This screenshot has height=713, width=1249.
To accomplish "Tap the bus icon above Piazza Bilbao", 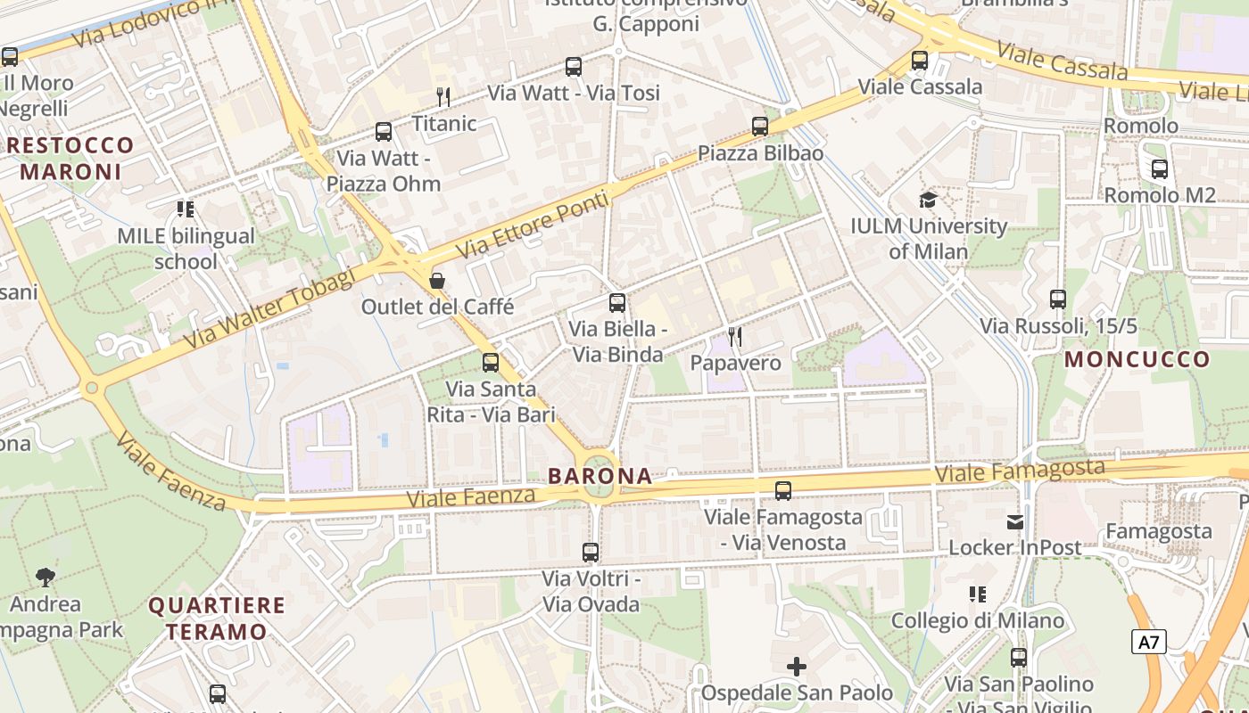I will pos(760,127).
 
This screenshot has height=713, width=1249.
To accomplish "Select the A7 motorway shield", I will pos(1149,641).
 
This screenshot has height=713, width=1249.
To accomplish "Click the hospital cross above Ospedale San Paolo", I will pos(797,666).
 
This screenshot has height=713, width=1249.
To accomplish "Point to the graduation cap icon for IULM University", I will pos(928,200).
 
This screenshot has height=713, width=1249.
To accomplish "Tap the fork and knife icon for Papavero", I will pos(735,336).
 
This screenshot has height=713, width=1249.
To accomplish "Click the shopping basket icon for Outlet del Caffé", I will pos(437,281).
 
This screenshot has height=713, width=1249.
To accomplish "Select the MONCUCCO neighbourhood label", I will pos(1137,360).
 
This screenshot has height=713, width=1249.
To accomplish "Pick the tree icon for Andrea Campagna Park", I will pos(45,578).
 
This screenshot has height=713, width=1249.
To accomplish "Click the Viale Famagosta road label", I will pos(1020,471).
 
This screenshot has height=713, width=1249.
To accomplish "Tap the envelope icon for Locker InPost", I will pos(1015,521).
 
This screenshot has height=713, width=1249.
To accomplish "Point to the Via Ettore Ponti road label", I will pos(533,225).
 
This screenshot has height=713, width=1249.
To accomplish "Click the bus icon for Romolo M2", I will pos(1160,168).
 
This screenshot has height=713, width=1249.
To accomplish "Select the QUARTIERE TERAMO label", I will pos(217,619).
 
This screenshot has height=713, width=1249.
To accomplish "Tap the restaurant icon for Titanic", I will pos(443,96).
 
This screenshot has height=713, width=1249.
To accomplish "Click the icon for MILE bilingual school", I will pos(186,209).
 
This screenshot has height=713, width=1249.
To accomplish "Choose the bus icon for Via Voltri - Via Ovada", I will pos(591,553).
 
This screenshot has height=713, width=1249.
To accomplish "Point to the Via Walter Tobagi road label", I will pos(269,308).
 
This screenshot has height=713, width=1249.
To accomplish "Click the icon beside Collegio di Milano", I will pos(978,594).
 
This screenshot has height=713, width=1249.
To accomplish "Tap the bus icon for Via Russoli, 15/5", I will pos(1058,299).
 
